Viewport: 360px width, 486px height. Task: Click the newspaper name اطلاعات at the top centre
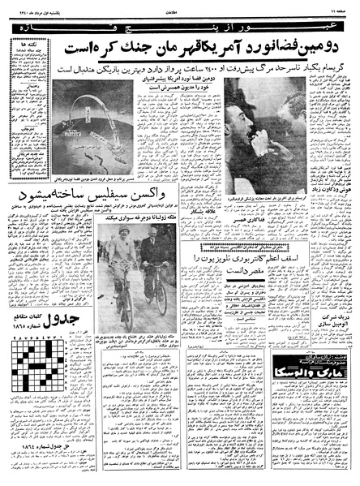coord(179,6)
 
